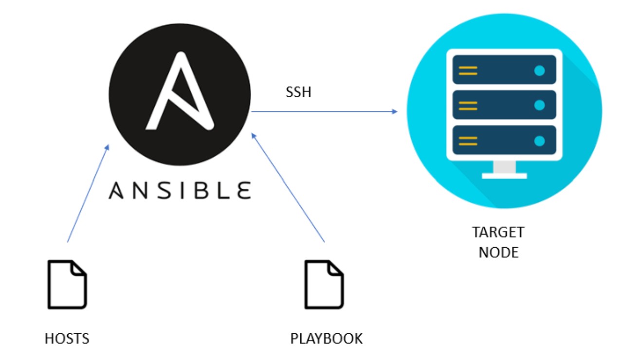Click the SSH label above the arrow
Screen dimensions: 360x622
[298, 92]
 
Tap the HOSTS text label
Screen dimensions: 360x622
[67, 339]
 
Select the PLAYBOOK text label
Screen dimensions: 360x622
[326, 339]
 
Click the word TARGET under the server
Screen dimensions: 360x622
[498, 232]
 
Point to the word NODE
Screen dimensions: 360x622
[498, 252]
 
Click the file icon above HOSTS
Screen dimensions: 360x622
[67, 285]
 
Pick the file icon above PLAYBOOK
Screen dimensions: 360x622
[324, 285]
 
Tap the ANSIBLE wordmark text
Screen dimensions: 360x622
[180, 190]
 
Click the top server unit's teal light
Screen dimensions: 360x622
[539, 71]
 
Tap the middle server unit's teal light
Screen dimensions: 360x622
[539, 106]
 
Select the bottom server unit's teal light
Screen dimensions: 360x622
[539, 141]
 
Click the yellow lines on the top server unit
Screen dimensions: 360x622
[468, 71]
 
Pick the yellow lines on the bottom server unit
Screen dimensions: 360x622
[468, 141]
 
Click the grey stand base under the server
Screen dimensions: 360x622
[504, 176]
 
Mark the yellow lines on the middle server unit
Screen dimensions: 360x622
[468, 106]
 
